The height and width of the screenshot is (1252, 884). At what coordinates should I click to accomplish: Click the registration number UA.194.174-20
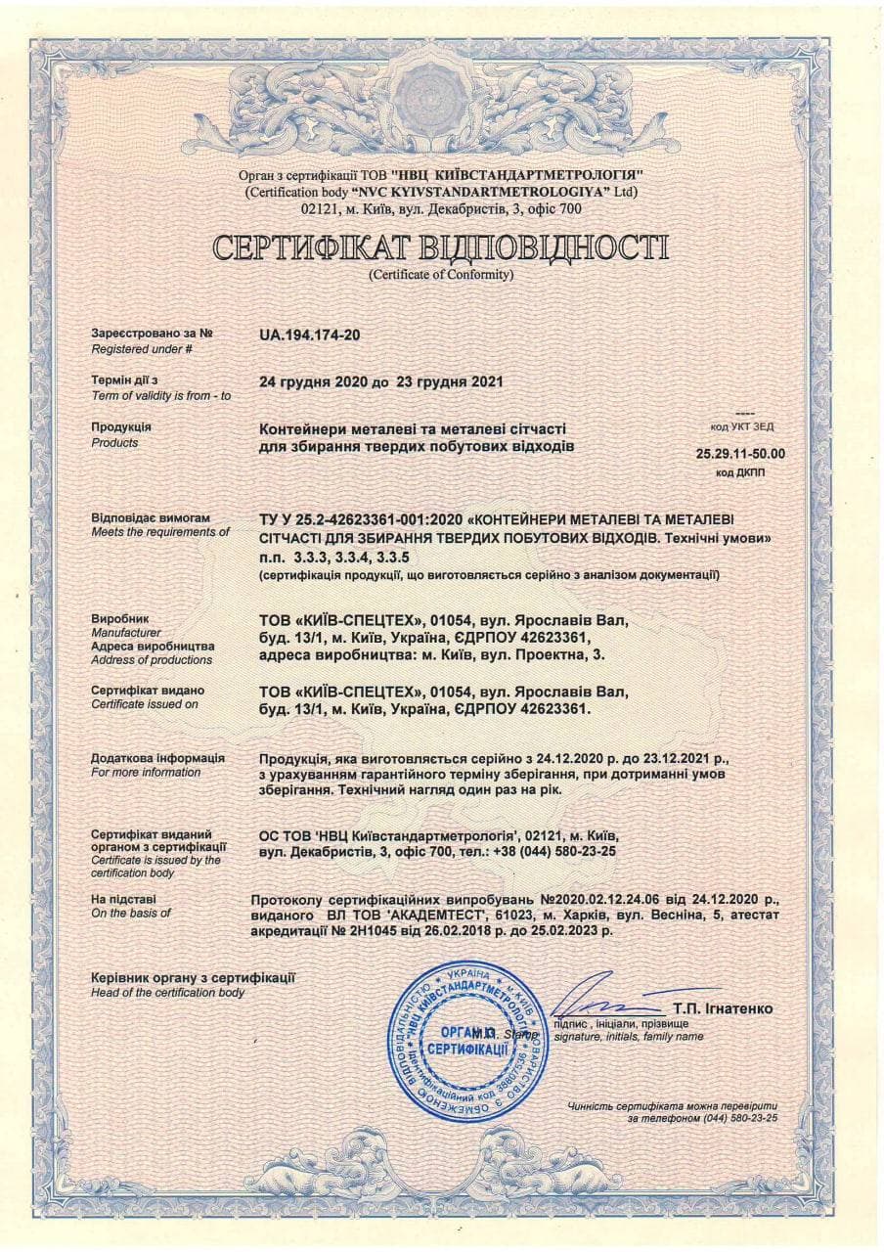point(309,335)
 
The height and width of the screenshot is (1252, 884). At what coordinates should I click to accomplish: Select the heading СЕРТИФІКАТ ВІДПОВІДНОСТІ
point(441,247)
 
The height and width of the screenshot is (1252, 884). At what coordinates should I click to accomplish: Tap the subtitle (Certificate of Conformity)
point(441,275)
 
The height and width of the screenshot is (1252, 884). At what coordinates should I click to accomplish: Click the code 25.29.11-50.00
point(740,454)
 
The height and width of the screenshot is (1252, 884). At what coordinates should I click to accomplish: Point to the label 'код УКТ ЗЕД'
point(744,426)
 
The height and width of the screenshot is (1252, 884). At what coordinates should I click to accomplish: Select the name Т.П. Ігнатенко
point(722,1008)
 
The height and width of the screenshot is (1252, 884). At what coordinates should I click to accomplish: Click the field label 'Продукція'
point(121,427)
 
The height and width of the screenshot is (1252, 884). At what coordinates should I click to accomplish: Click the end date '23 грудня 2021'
point(450,381)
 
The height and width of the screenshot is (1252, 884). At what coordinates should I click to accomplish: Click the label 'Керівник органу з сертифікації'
point(193,977)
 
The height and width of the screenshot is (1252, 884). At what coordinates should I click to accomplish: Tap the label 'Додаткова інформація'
point(157,758)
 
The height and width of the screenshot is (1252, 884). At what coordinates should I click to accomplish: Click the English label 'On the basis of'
point(130,913)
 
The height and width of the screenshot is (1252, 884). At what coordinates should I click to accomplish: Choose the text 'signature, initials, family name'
point(628,1036)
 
